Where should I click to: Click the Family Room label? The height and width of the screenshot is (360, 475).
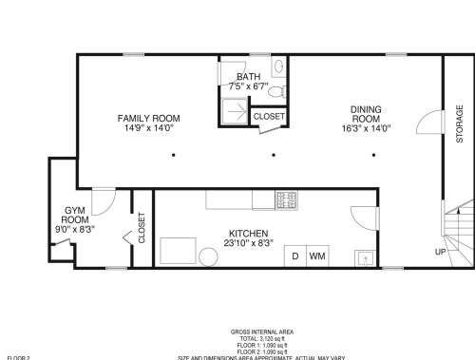[x=148, y=119]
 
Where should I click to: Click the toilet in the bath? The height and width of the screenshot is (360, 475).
[x=278, y=66]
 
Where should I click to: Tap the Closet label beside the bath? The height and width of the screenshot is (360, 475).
[x=268, y=116]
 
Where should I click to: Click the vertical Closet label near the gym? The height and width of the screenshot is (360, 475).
[x=142, y=228]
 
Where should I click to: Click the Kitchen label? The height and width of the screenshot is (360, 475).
[x=248, y=234]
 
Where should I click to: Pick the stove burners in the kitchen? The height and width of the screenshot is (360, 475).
[x=287, y=199]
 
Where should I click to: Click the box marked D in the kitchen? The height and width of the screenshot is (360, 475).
[x=294, y=256]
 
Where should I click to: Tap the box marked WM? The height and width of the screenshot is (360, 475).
[x=317, y=256]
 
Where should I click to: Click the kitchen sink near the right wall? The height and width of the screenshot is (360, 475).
[x=364, y=256]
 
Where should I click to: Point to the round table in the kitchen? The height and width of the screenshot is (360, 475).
[x=207, y=256]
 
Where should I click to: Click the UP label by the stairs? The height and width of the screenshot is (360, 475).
[x=440, y=252]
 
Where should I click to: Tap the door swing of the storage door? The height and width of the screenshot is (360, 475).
[x=430, y=123]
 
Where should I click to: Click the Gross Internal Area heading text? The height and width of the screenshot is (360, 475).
[x=261, y=332]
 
